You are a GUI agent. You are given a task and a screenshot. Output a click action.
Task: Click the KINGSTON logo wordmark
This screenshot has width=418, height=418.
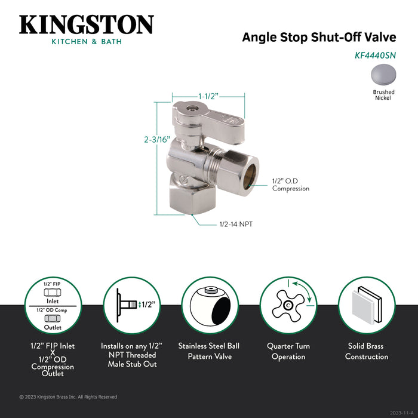tap(87, 25)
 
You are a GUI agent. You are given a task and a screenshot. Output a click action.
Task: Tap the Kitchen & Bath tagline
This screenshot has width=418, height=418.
tap(87, 42)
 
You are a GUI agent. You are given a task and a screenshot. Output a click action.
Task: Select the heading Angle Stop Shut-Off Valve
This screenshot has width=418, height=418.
tap(319, 37)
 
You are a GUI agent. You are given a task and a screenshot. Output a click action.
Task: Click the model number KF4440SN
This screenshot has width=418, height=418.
tap(375, 56)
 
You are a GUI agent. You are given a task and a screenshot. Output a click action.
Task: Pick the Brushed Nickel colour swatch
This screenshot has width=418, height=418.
tap(383, 75)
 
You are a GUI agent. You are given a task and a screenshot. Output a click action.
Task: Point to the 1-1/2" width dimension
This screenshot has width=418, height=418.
tap(208, 96)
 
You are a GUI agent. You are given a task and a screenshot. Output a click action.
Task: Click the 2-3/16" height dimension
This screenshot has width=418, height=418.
tap(157, 139)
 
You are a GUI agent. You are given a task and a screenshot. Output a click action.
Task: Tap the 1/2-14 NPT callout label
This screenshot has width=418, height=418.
tap(236, 224)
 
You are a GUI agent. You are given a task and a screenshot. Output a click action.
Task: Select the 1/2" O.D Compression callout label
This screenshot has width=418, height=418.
tap(291, 185)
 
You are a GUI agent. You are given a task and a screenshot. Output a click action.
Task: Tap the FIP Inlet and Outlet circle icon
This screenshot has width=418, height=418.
tap(53, 305)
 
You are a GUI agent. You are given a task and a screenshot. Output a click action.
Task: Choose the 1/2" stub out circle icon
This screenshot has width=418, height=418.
tap(132, 305)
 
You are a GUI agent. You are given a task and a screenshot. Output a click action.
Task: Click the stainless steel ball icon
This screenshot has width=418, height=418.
tap(210, 305)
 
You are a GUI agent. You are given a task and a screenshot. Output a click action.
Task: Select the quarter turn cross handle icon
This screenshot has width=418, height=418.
tap(288, 305)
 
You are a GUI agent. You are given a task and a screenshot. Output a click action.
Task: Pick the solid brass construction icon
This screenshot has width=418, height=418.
tap(367, 305)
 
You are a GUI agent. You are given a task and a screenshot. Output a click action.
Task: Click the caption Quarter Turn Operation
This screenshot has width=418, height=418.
tap(288, 351)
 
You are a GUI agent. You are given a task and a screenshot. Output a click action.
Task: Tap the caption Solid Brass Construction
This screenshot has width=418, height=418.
tap(367, 351)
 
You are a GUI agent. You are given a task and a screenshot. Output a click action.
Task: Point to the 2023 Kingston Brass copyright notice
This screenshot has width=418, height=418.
tap(68, 397)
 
